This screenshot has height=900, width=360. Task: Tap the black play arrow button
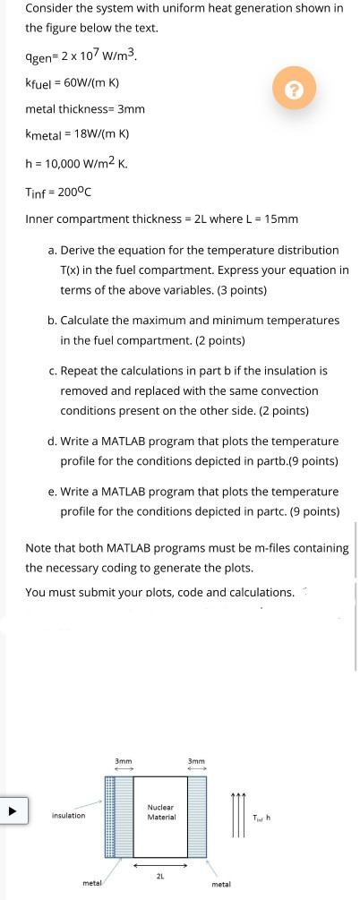[13, 815]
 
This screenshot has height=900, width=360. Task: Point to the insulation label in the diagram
[68, 816]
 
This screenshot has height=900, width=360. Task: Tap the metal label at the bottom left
[92, 883]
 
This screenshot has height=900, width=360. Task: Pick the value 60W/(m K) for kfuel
[88, 83]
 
